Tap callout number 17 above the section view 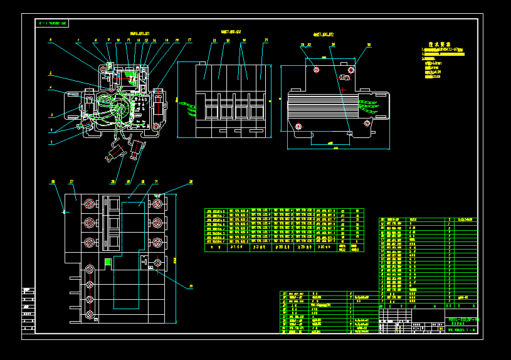(189, 40)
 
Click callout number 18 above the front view (214, 40)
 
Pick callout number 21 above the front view (266, 40)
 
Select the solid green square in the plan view (108, 262)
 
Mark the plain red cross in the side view (342, 90)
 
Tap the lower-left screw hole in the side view (298, 127)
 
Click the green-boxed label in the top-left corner (53, 23)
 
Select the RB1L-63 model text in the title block (463, 320)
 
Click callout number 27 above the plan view (71, 182)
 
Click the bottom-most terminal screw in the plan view (90, 313)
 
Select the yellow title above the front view (231, 31)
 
